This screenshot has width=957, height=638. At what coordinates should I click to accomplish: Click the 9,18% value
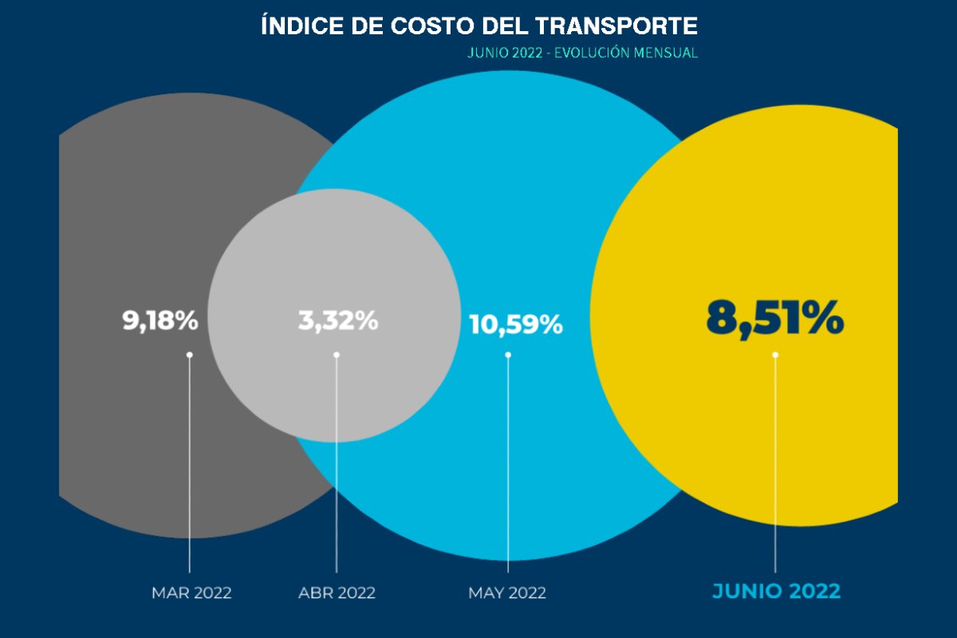[160, 321]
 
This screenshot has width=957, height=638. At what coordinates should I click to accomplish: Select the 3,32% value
[338, 321]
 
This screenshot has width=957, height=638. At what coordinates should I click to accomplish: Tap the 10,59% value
[516, 325]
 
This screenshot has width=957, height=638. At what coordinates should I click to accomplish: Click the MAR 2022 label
[192, 593]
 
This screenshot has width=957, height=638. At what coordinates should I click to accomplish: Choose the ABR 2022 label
[337, 593]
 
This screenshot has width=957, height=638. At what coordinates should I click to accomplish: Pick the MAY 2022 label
[507, 593]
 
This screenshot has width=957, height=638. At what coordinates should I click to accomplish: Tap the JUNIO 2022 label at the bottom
[776, 592]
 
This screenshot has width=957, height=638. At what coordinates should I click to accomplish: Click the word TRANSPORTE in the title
[617, 26]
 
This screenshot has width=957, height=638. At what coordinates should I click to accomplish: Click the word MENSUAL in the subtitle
[666, 53]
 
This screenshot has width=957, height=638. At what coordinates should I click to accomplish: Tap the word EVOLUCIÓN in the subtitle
[594, 53]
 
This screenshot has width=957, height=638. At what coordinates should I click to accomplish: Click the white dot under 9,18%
[190, 355]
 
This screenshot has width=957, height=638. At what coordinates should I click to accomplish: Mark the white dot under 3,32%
[337, 355]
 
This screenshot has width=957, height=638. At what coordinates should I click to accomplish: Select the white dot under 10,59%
[508, 355]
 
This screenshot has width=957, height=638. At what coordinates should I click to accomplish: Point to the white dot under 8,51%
[775, 355]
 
